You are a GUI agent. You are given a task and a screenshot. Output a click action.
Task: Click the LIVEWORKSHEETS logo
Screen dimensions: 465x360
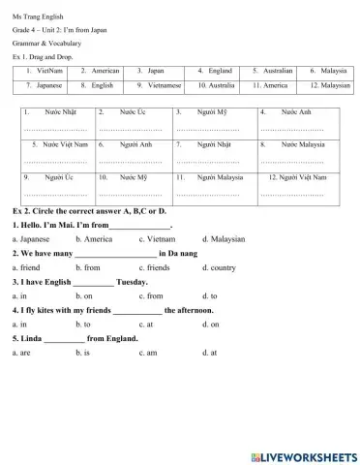pyautogui.click(x=302, y=454)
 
